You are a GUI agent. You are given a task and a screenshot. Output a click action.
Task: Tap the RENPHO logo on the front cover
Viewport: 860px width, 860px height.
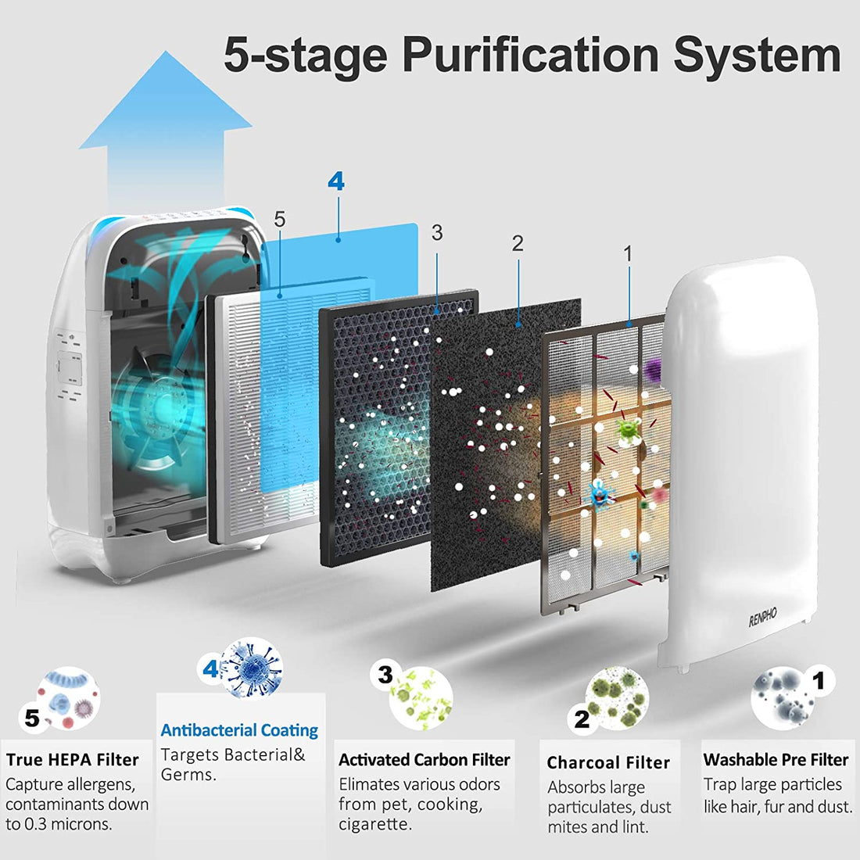click(763, 617)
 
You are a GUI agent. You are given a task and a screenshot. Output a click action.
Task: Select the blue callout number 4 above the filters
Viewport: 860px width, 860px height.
click(336, 181)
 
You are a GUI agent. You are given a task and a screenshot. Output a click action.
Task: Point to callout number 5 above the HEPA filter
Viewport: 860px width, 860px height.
click(280, 220)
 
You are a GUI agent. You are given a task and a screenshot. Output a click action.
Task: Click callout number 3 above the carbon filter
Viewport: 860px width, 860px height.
click(436, 232)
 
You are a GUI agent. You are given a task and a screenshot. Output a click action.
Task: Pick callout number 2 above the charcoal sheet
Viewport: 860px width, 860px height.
click(518, 243)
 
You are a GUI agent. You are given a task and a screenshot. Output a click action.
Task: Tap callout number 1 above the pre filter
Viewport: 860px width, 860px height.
click(628, 254)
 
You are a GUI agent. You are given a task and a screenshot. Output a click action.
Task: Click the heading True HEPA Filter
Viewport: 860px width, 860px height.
click(73, 760)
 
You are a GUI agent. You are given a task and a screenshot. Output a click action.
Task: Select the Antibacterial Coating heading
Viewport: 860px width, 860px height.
click(239, 730)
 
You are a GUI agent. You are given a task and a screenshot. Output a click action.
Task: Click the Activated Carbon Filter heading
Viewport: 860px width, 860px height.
click(424, 760)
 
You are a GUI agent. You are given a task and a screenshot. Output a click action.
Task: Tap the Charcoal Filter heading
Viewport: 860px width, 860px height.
click(608, 762)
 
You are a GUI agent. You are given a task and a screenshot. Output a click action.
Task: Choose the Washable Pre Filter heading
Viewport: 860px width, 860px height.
click(776, 760)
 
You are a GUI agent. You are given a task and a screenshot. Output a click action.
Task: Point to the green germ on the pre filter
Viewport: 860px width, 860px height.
click(629, 429)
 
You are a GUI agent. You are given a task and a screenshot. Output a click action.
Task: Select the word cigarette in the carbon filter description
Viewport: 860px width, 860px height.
click(374, 824)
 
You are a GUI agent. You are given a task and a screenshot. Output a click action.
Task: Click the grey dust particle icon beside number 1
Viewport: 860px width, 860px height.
click(783, 698)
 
